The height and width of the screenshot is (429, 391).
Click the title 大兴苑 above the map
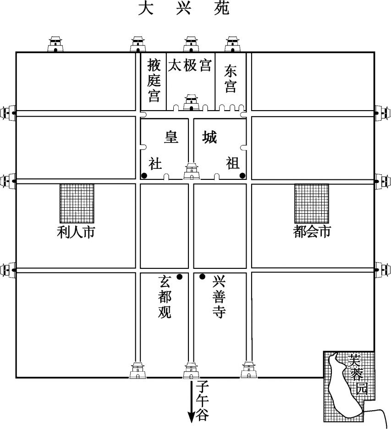[183, 9]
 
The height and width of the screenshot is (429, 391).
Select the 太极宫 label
[190, 66]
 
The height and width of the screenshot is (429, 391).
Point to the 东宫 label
[231, 78]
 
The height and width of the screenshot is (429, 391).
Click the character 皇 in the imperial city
[171, 137]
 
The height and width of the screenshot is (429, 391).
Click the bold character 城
[209, 137]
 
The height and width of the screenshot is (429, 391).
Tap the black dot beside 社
[144, 175]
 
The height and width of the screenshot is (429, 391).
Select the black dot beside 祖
[242, 175]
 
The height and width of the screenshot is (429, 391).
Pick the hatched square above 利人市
[77, 204]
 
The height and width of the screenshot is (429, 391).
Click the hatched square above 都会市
[312, 204]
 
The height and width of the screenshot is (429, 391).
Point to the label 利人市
[76, 233]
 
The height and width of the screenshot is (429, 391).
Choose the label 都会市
[312, 233]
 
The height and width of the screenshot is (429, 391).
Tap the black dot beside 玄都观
[180, 277]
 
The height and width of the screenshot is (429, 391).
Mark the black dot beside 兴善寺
[202, 277]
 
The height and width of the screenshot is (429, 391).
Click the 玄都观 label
[165, 297]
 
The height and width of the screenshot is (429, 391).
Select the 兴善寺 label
[219, 297]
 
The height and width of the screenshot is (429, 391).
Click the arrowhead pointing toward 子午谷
[191, 418]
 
